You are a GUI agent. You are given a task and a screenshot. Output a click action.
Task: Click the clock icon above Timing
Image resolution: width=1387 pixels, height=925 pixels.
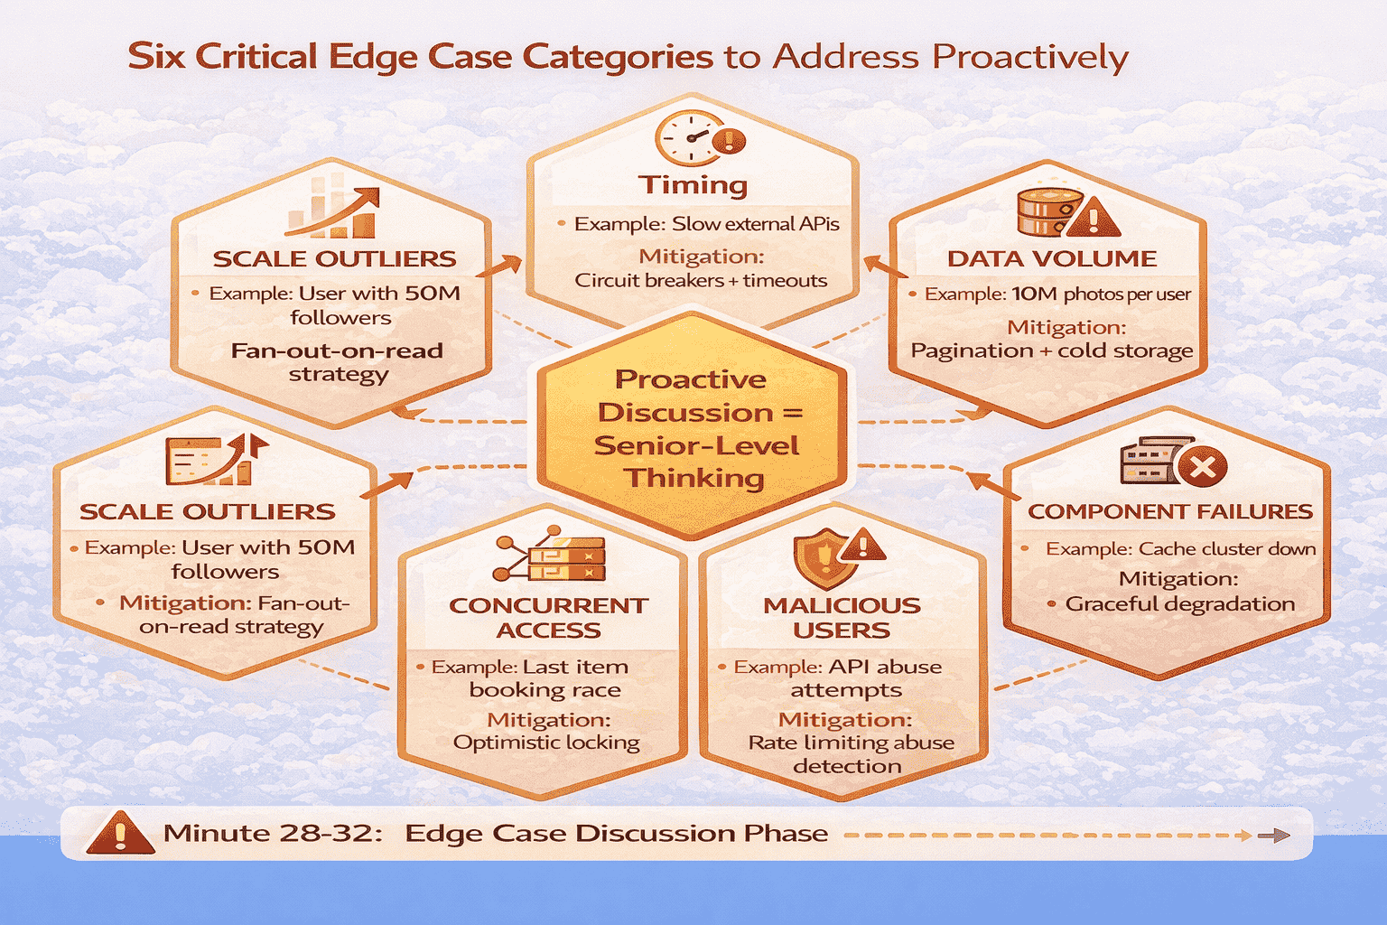click(x=688, y=138)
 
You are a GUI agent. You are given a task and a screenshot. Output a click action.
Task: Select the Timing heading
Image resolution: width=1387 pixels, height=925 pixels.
click(x=693, y=184)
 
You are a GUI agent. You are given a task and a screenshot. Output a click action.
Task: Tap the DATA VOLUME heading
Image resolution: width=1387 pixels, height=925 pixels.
click(x=1052, y=258)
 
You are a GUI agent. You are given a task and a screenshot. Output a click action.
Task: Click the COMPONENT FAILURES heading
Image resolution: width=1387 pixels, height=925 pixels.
click(x=1170, y=511)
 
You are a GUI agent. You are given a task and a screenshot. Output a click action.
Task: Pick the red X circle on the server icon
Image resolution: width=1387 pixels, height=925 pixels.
click(x=1202, y=467)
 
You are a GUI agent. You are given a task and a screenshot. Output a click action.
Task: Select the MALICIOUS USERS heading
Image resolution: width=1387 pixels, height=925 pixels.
click(x=842, y=617)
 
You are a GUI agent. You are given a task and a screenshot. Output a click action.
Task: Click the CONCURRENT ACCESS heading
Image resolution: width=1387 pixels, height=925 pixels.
click(x=548, y=617)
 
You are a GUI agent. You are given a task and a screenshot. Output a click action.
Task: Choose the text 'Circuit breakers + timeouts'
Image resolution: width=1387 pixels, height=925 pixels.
click(x=701, y=280)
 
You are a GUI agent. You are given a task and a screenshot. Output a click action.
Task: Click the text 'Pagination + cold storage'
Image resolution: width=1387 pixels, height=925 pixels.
click(x=1051, y=350)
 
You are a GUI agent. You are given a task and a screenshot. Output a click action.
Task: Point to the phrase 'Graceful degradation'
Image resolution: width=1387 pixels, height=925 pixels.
click(x=1179, y=603)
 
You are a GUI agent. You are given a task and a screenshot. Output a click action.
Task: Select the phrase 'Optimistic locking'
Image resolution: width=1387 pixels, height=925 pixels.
click(x=546, y=743)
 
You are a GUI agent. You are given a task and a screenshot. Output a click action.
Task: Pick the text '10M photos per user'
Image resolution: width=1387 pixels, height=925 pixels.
click(x=1101, y=294)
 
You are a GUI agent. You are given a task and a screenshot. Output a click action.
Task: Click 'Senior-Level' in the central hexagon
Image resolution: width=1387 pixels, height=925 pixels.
click(x=696, y=445)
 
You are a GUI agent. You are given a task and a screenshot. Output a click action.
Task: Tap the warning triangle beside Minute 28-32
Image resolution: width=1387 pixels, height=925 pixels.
click(x=119, y=833)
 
